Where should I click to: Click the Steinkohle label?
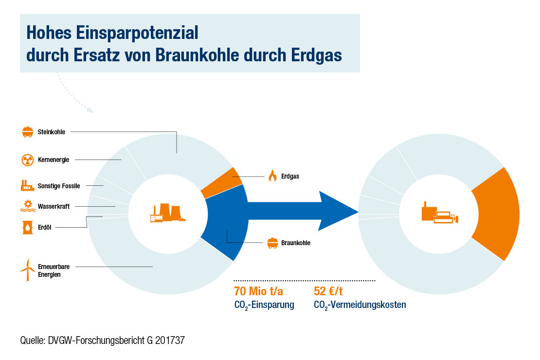[x=51, y=132]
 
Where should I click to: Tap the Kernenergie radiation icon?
[x=28, y=160]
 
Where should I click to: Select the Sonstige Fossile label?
[x=58, y=186]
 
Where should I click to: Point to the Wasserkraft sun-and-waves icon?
[x=28, y=206]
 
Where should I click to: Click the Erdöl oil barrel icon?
[x=28, y=227]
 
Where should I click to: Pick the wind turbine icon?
[x=28, y=270]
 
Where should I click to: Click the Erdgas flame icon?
[x=272, y=176]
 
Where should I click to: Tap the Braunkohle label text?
[x=295, y=243]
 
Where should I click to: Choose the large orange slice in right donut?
[x=496, y=214]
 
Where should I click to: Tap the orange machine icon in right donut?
[x=440, y=213]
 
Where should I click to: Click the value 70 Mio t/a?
[x=258, y=291]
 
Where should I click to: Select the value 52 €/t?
[x=328, y=291]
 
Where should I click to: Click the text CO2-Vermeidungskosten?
[x=360, y=305]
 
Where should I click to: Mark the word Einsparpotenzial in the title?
[x=137, y=33]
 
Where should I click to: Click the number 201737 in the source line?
[x=170, y=341]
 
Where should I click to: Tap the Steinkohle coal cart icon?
[x=28, y=132]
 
